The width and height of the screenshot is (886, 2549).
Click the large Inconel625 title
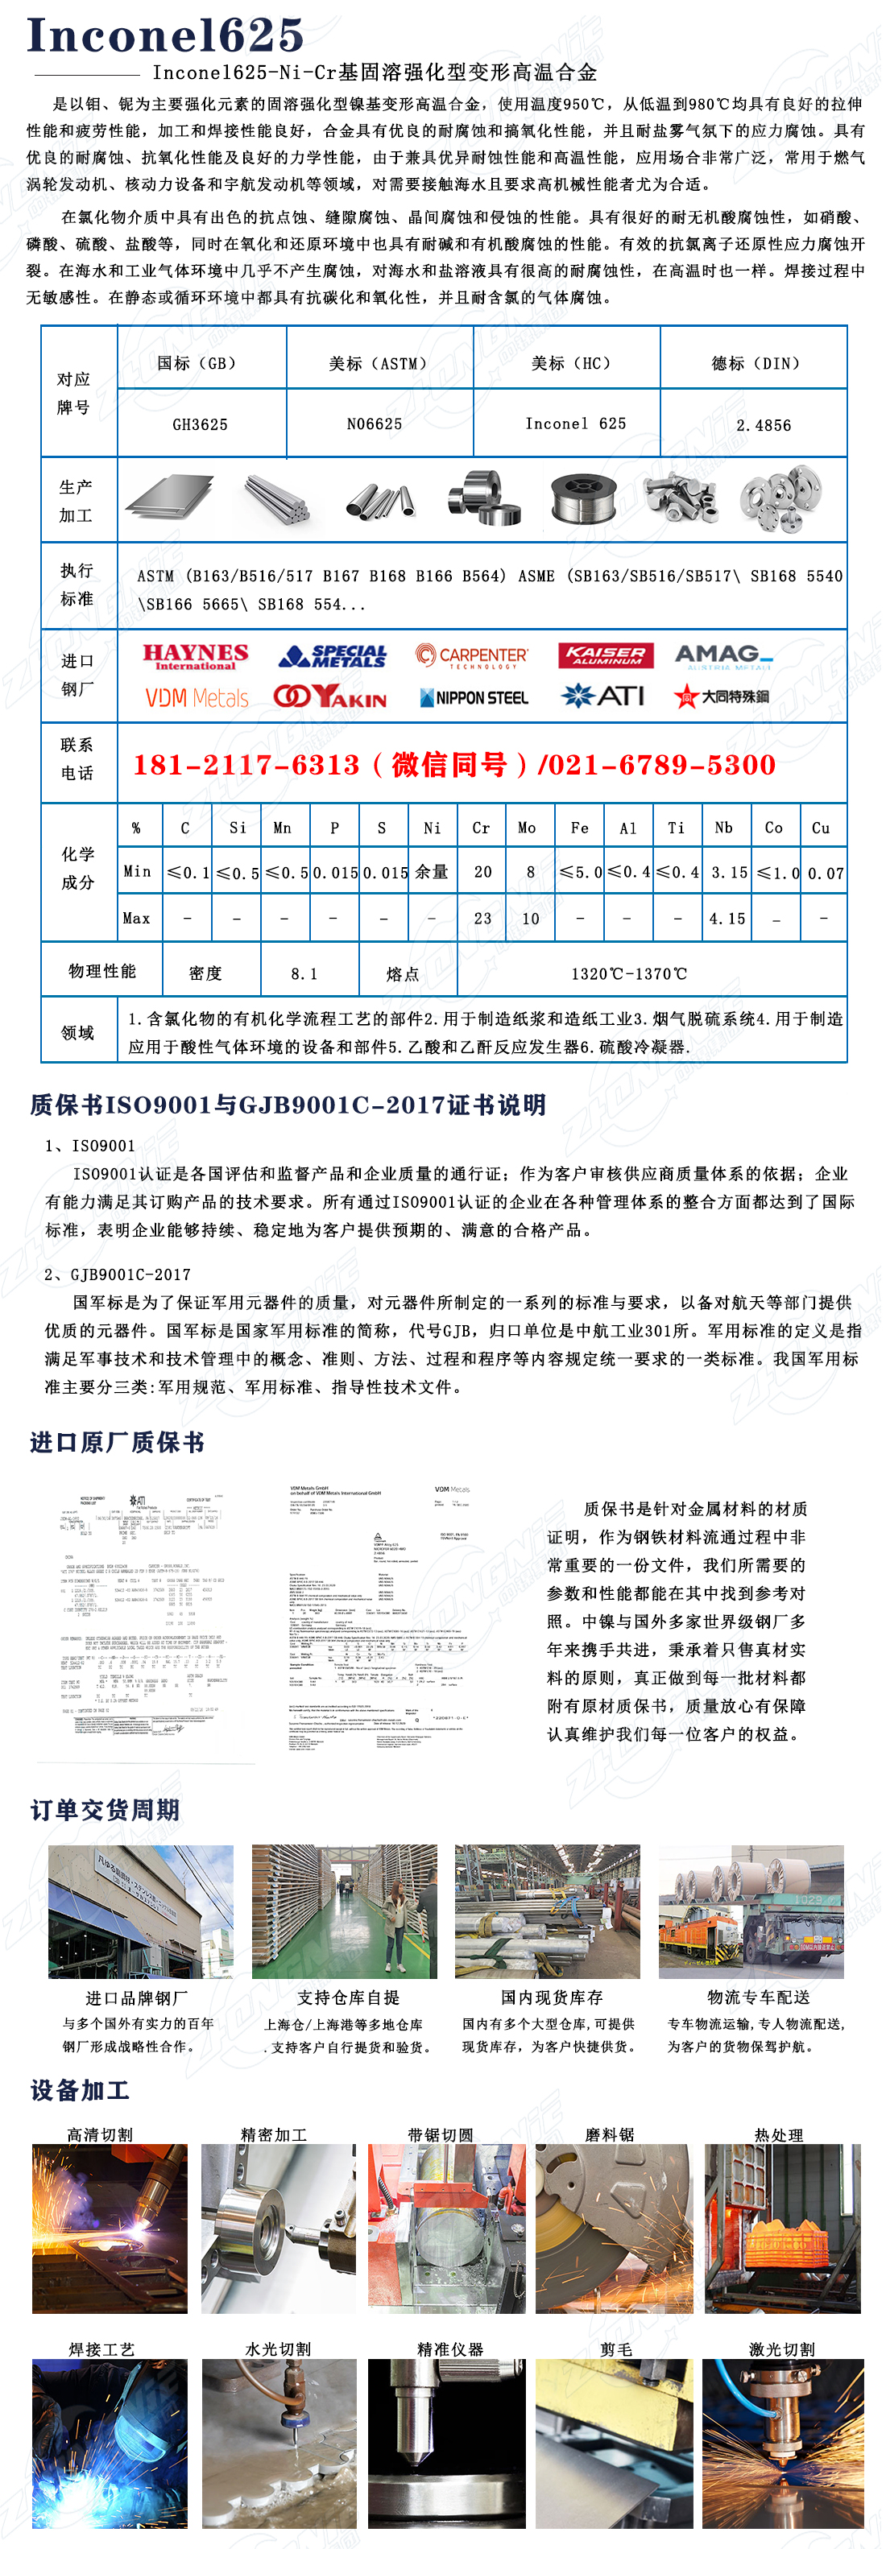pos(164,35)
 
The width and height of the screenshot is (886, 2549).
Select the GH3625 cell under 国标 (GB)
pos(200,424)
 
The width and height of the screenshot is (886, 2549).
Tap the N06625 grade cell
pos(375,423)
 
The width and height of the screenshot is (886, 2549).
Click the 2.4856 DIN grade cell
pos(764,425)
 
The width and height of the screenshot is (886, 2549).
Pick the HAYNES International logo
pos(195,657)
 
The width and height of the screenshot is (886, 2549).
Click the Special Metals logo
pos(333,656)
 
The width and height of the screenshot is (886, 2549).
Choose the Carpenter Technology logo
pos(471,657)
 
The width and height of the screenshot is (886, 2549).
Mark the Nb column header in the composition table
pos(723,827)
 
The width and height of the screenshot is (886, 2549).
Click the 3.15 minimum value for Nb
pos(727,872)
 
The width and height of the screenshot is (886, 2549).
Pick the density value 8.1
pos(304,973)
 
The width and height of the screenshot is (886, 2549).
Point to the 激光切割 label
pos(781,2349)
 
